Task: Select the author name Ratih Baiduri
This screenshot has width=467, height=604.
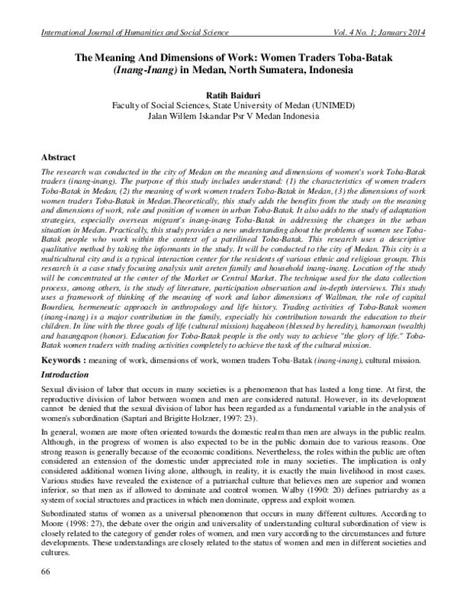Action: (x=234, y=95)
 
